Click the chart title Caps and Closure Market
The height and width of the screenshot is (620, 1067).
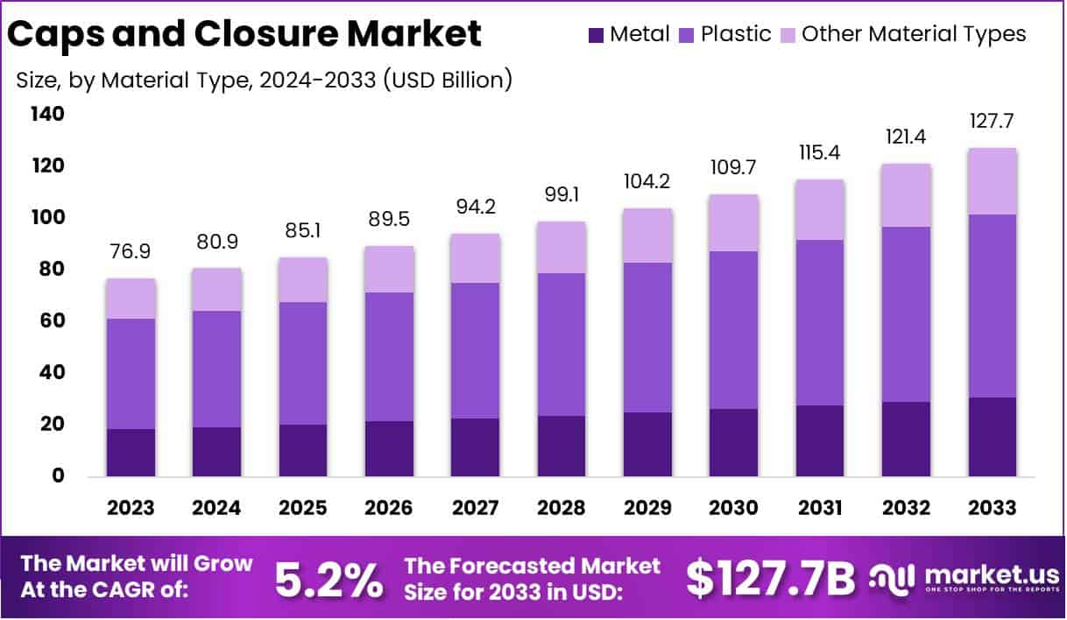[244, 34]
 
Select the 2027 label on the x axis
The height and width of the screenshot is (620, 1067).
[475, 509]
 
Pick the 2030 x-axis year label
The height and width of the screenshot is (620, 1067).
[733, 509]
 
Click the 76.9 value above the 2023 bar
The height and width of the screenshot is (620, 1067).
[131, 252]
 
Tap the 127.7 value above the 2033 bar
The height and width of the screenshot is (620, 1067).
[992, 121]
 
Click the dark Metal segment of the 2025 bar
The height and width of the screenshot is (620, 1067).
[303, 450]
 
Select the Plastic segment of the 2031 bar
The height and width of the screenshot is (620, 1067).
[820, 322]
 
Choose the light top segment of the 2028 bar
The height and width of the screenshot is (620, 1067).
[562, 247]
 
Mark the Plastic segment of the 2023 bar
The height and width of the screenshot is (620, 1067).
[131, 374]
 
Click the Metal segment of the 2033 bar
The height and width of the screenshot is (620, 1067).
[992, 437]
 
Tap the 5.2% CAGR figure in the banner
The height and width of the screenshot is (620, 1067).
[329, 579]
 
